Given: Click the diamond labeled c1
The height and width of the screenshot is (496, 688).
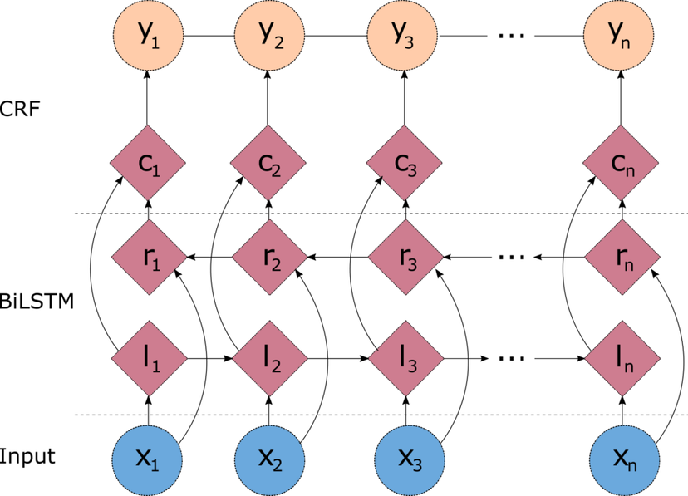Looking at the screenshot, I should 149,163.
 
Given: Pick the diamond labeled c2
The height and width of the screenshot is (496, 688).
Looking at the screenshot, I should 269,163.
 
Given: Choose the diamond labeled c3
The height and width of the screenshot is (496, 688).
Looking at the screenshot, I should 405,163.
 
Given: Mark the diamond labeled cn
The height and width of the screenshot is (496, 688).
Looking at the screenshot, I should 622,163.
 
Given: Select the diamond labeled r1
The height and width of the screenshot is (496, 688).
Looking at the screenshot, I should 150,257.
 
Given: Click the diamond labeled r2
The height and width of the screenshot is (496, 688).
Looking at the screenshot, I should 270,257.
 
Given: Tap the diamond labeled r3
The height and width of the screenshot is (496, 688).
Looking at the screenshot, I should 405,257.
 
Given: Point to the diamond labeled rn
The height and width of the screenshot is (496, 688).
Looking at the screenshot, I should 622,257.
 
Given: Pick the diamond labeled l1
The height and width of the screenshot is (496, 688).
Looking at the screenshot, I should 150,358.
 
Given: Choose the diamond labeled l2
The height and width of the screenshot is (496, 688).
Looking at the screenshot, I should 270,358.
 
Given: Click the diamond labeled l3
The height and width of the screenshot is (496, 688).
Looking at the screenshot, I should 405,358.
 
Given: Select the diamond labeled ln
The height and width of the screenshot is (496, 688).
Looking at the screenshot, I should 622,358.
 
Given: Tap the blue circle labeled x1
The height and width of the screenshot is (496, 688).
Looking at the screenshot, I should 147,459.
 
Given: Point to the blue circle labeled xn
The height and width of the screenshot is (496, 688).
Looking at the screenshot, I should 625,459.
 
